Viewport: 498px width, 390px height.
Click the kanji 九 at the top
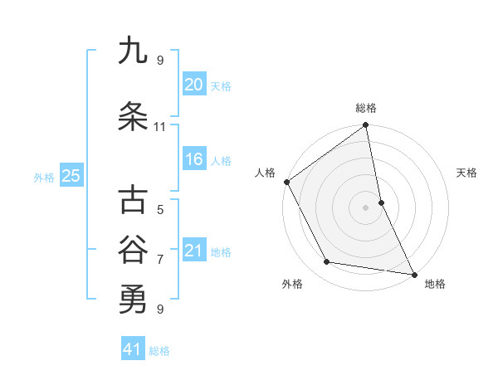coord(132,51)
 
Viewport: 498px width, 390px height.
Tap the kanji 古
coord(132,202)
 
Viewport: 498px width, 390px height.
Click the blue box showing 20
coord(193,85)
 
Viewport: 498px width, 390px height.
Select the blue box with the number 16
coord(193,159)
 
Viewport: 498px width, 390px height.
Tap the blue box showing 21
coord(193,251)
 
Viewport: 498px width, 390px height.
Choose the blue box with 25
coord(71,176)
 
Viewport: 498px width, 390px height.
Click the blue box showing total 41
coord(133,350)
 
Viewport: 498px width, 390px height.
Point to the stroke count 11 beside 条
coord(159,127)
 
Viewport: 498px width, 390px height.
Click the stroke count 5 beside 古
coord(160,210)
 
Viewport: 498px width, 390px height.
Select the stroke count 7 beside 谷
coord(160,260)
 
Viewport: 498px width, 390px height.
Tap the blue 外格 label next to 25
coord(43,177)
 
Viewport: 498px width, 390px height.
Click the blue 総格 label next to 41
coord(159,351)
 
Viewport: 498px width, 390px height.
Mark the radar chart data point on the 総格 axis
coord(365,126)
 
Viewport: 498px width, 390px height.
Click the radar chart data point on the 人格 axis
coord(286,182)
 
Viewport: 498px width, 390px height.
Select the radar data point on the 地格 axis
coord(413,273)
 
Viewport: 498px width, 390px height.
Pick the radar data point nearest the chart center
coord(381,202)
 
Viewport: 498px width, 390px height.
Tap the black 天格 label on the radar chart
coord(466,173)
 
